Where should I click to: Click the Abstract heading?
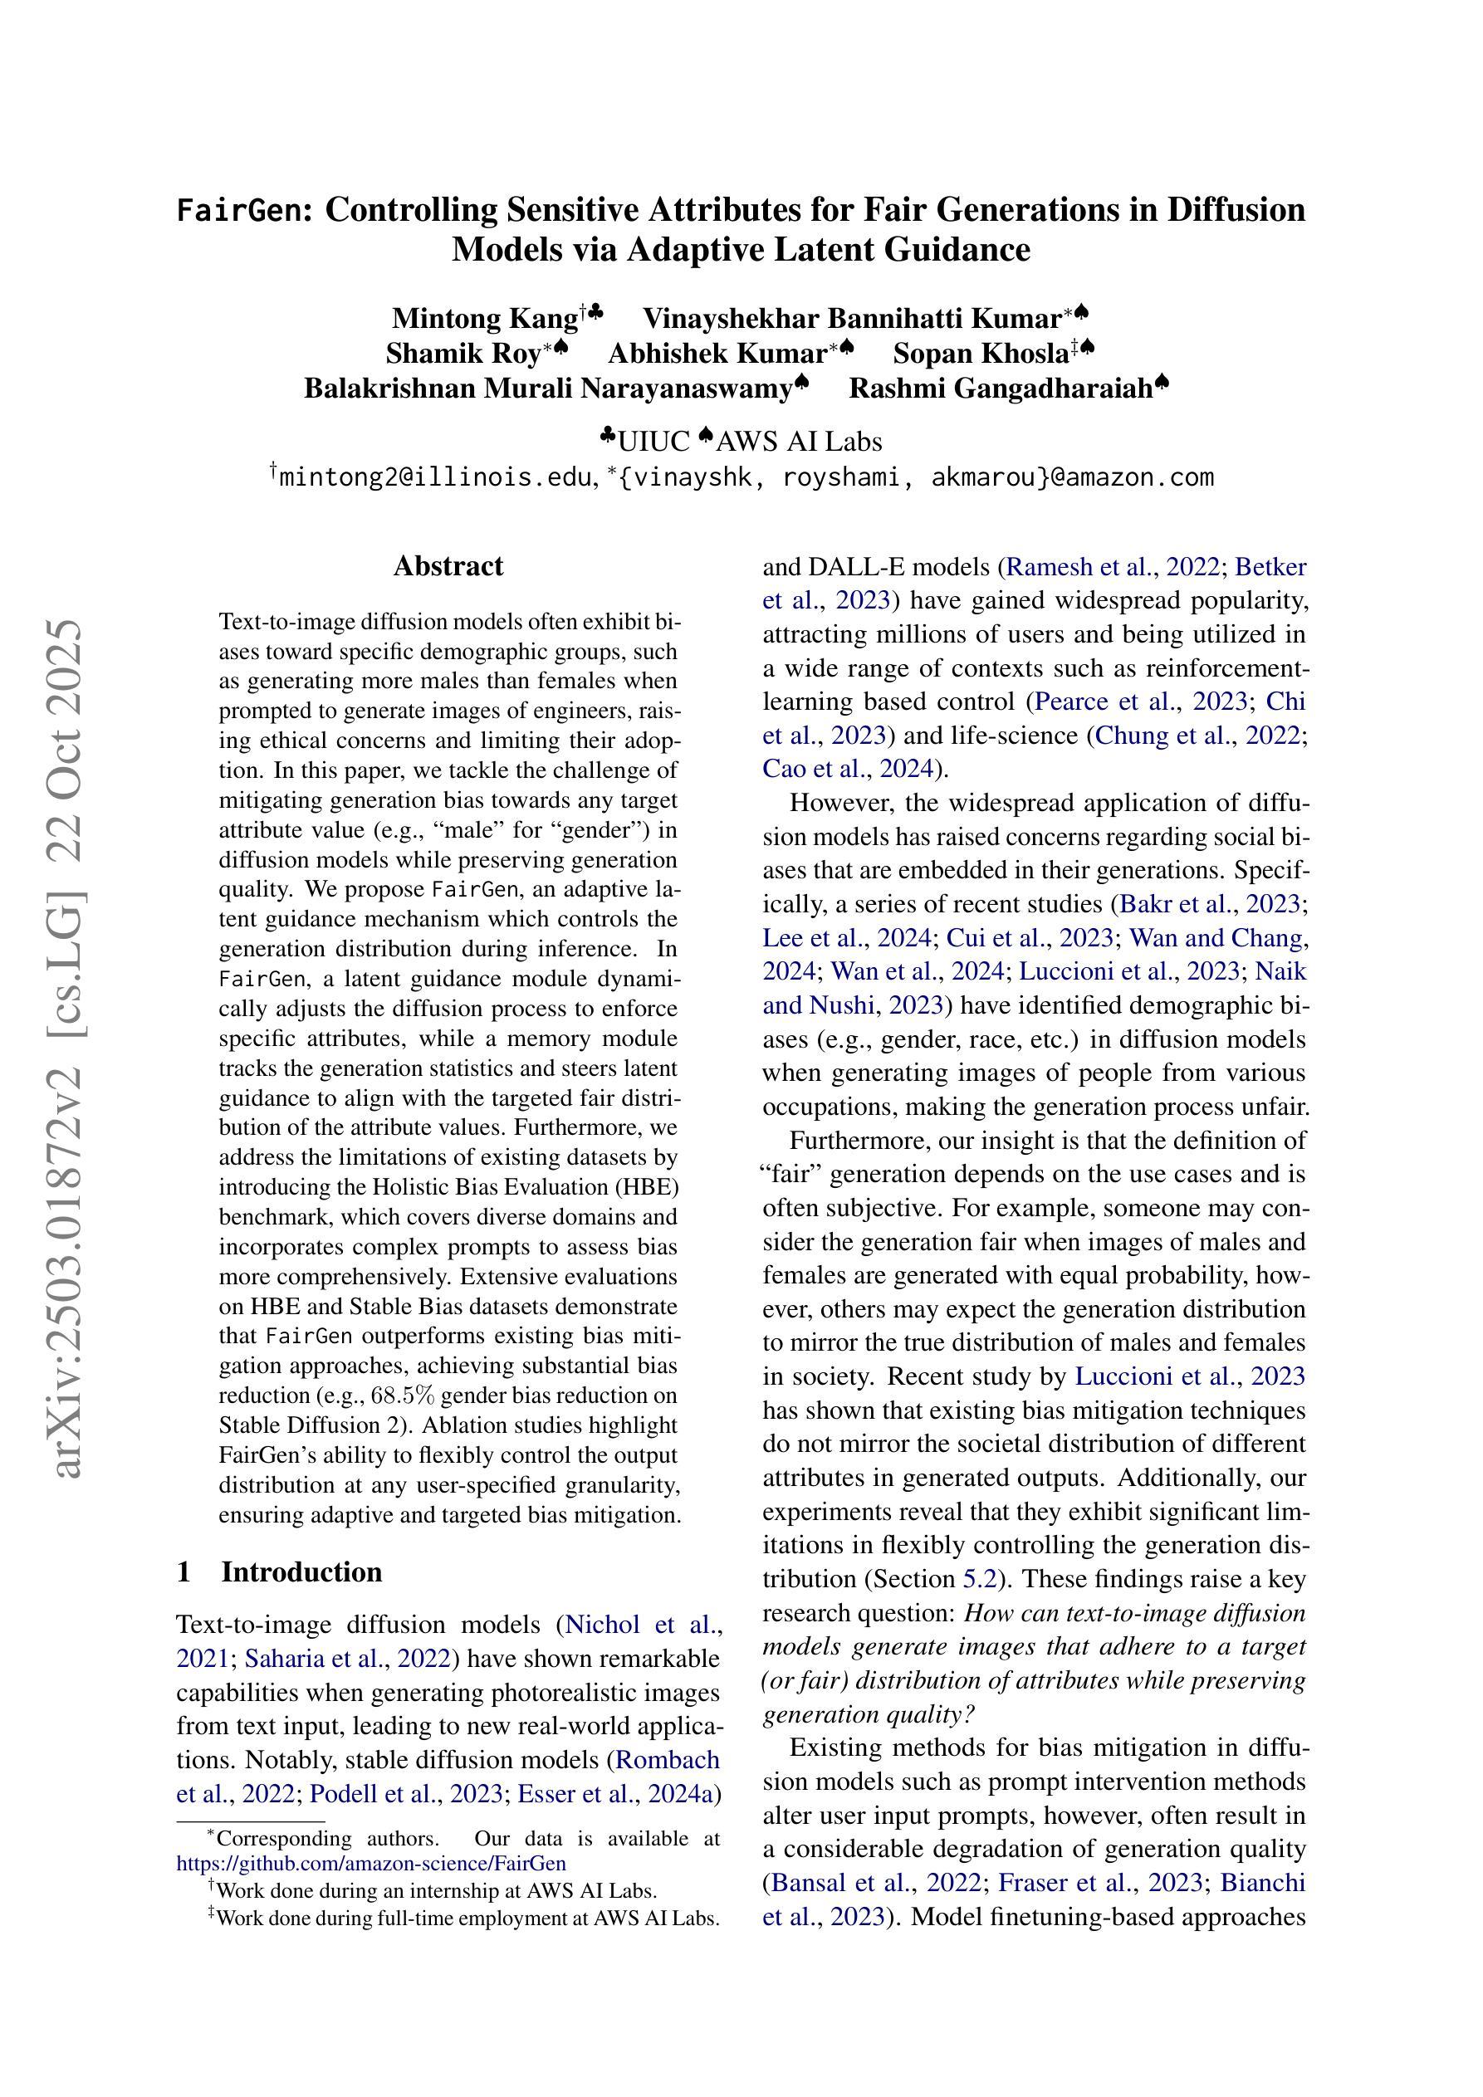tap(448, 566)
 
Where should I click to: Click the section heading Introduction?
tap(301, 1572)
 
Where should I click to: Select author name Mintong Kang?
tap(485, 318)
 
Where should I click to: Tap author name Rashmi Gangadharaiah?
tap(1001, 389)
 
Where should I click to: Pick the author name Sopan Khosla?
tap(981, 353)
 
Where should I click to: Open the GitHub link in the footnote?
tap(371, 1863)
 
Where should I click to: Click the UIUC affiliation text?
tap(654, 442)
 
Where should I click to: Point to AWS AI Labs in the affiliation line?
tap(800, 442)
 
